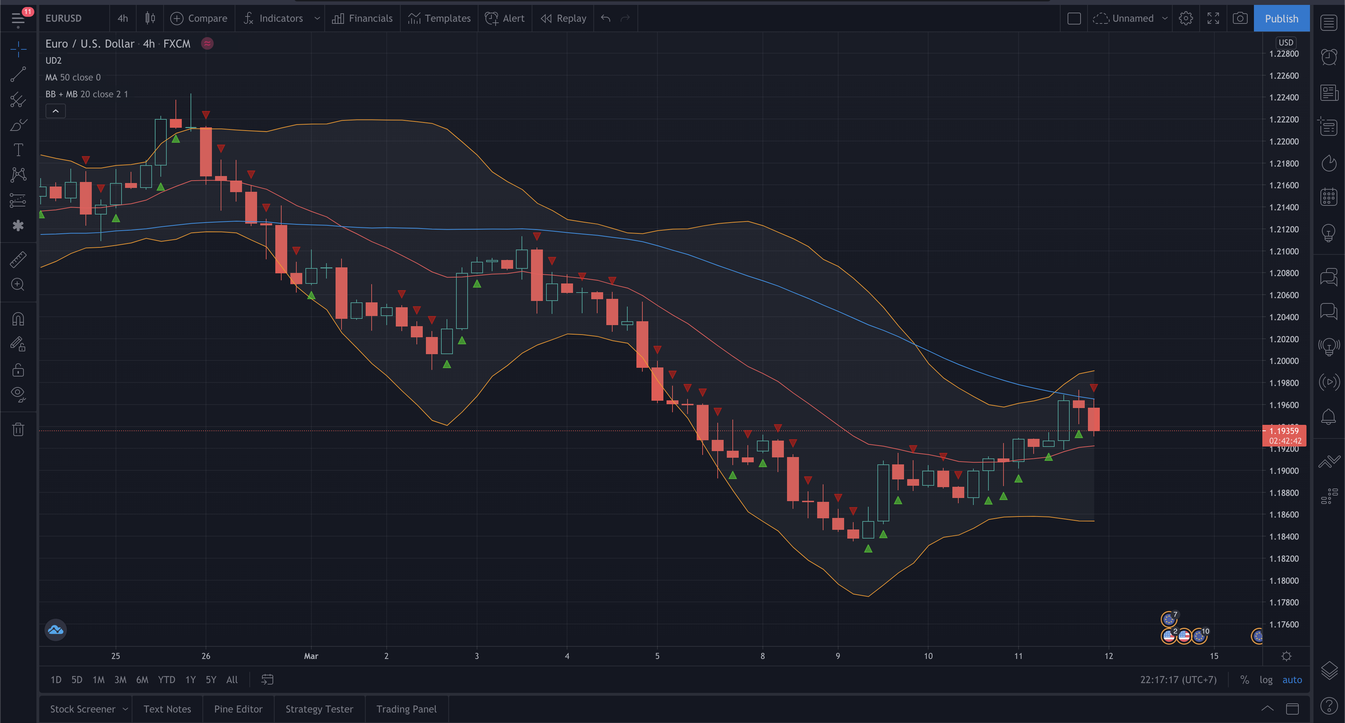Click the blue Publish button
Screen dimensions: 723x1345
(x=1281, y=18)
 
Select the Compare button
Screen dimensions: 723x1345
(x=199, y=18)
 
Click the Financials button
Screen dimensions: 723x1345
(x=363, y=18)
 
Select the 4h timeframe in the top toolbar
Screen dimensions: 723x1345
(x=123, y=18)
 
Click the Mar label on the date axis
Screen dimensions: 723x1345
(x=311, y=656)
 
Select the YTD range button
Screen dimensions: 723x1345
(x=167, y=680)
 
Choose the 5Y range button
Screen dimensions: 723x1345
(x=211, y=680)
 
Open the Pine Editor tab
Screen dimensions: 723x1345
(x=238, y=709)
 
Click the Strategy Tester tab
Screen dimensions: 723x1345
(x=319, y=709)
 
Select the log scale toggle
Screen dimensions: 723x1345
(x=1265, y=680)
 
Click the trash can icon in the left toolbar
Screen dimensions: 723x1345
(x=18, y=429)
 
